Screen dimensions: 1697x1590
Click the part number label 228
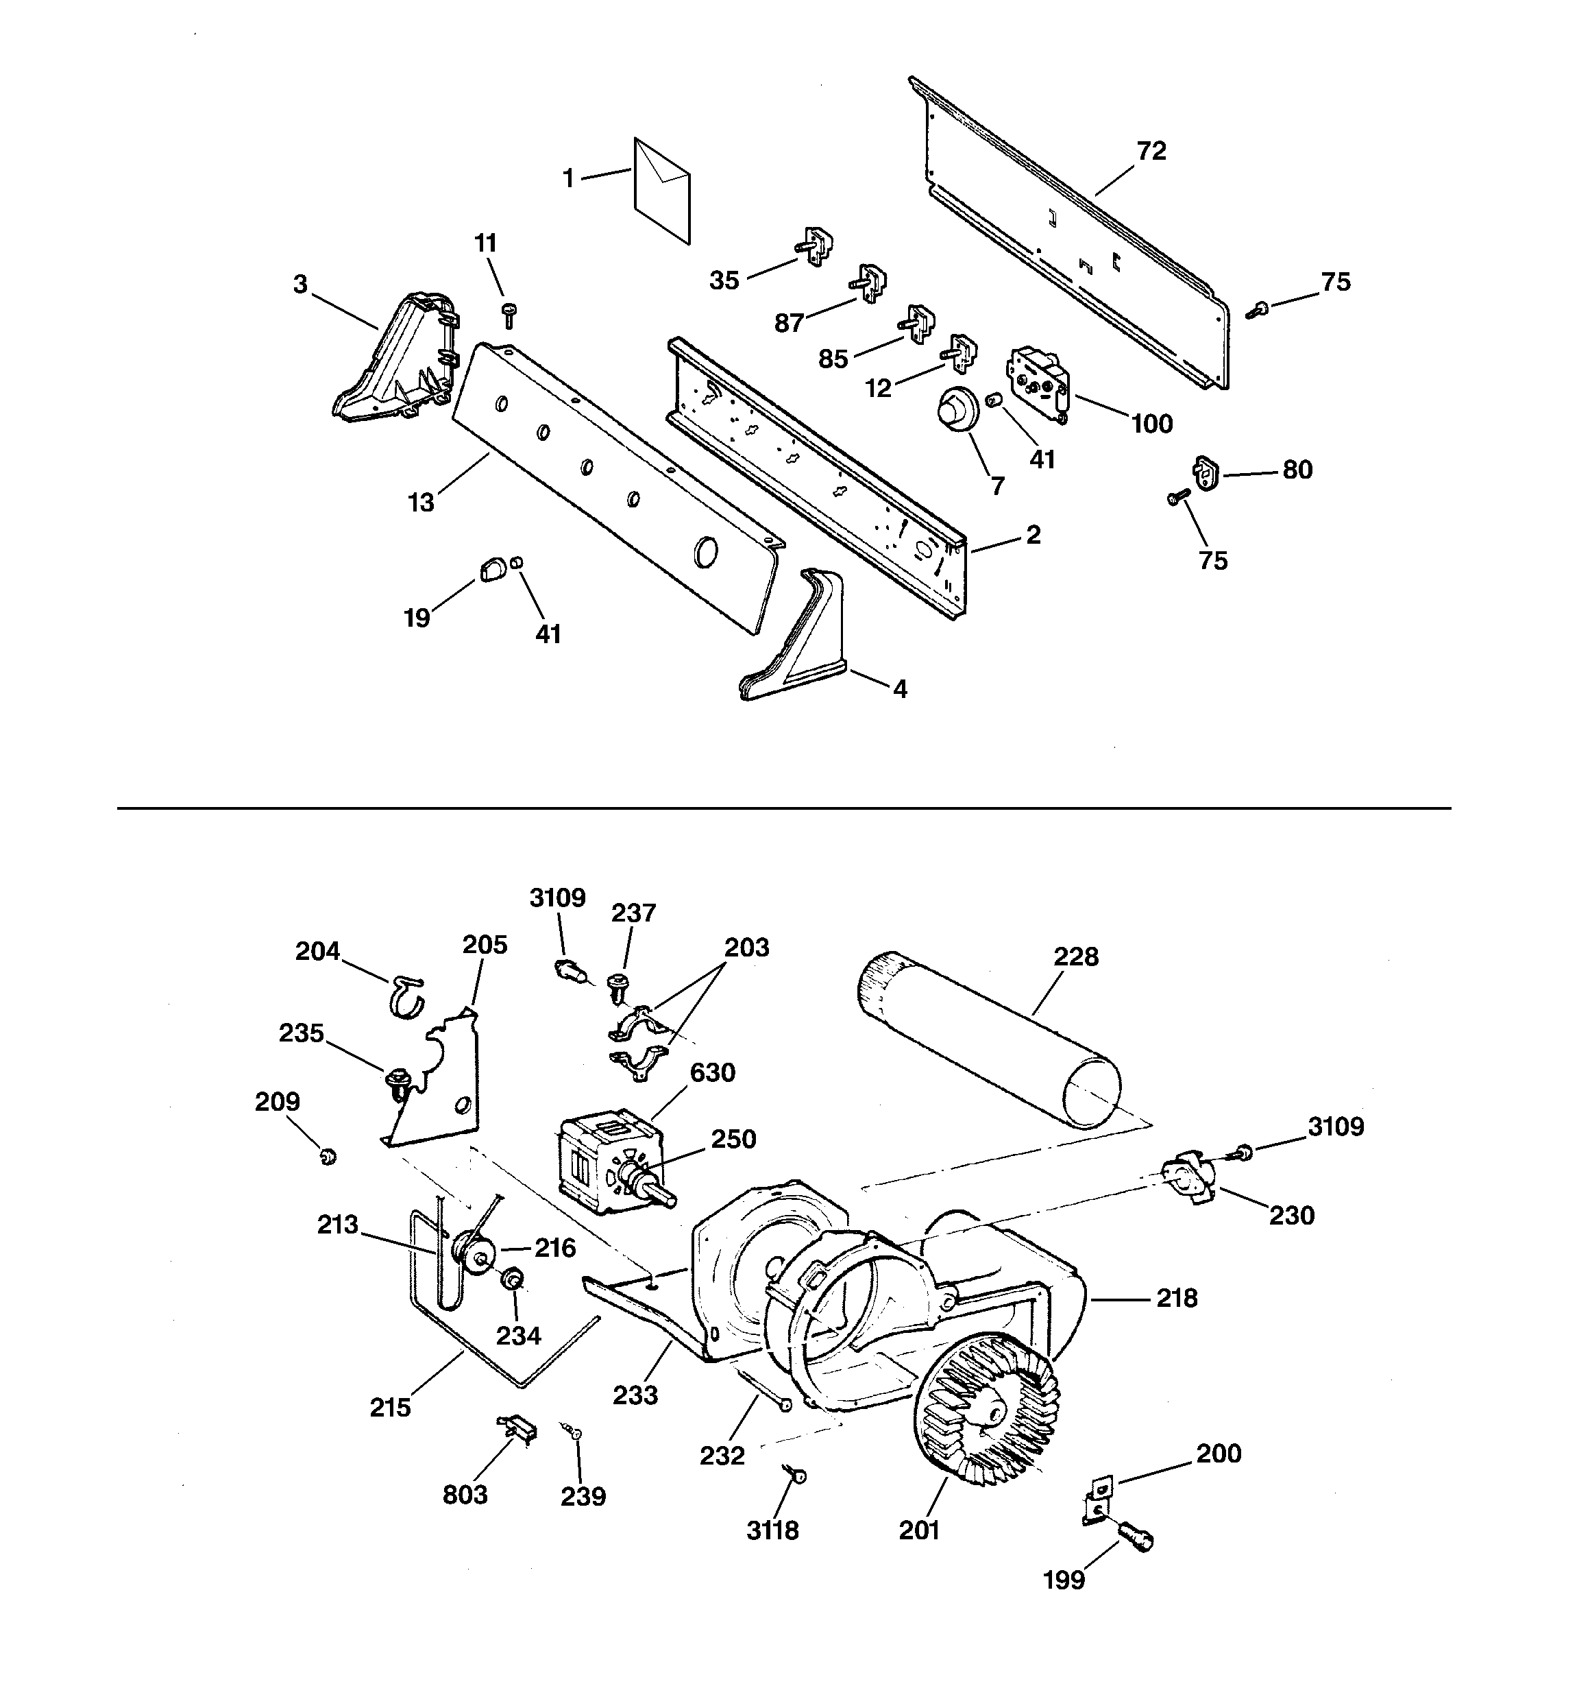[1075, 957]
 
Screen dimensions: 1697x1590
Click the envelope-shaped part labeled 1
[661, 189]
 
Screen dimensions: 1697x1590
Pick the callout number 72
[1151, 151]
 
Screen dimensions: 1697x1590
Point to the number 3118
[772, 1530]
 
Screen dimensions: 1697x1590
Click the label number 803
[465, 1495]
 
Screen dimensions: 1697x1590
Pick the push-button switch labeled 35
[817, 247]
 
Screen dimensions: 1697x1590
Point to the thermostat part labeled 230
[1190, 1182]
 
